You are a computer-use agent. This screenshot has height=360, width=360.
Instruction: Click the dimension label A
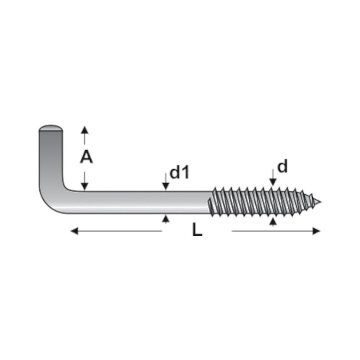pos(86,157)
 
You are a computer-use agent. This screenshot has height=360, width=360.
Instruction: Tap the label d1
pos(179,172)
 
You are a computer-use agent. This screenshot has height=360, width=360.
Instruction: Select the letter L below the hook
pos(197,230)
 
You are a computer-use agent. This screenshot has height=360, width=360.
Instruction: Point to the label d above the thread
pos(282,167)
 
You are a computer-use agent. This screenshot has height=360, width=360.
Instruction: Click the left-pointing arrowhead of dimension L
pos(75,231)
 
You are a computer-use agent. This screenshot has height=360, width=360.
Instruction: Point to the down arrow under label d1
pos(166,186)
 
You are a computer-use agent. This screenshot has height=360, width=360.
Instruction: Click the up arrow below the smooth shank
pos(166,219)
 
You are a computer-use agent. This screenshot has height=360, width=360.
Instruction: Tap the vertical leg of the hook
pos(50,157)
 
